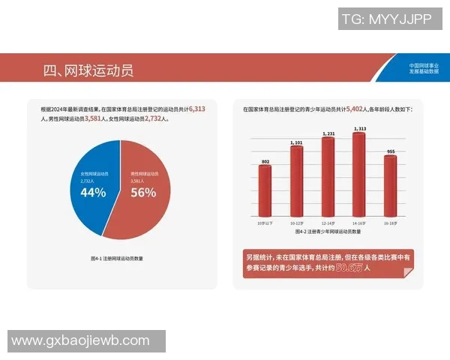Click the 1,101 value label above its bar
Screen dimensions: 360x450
pos(296,142)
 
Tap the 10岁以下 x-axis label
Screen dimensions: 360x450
pos(265,223)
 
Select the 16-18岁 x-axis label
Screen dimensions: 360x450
pos(390,223)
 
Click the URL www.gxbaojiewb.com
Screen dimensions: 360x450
pos(80,340)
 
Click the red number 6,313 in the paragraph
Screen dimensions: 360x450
pos(197,109)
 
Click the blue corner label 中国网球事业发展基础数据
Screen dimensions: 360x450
pos(424,68)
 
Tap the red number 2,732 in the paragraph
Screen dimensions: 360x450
pos(155,118)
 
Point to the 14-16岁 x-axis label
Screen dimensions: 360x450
pos(359,223)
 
